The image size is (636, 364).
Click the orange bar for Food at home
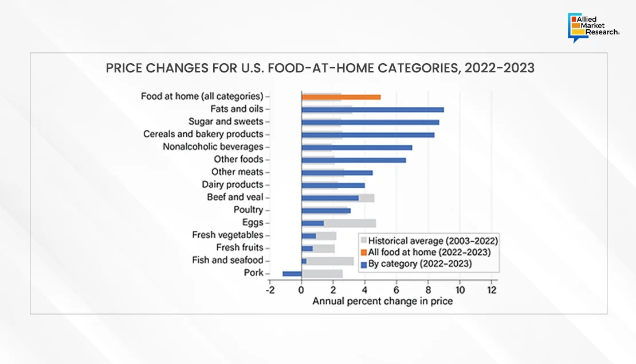pos(341,97)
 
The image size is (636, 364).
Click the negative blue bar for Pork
pos(292,273)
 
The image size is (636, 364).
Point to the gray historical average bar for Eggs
pos(350,223)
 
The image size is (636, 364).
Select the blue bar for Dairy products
pos(333,185)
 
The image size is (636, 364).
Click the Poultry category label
pos(248,210)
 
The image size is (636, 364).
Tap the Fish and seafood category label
pos(227,261)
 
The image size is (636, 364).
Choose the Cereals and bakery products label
pos(203,134)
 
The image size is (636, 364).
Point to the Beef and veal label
pos(235,198)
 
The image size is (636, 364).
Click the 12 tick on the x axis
pos(491,290)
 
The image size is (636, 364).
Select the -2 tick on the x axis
pos(270,290)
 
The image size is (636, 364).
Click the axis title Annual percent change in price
pos(382,301)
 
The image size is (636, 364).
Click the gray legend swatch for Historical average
pos(363,241)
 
